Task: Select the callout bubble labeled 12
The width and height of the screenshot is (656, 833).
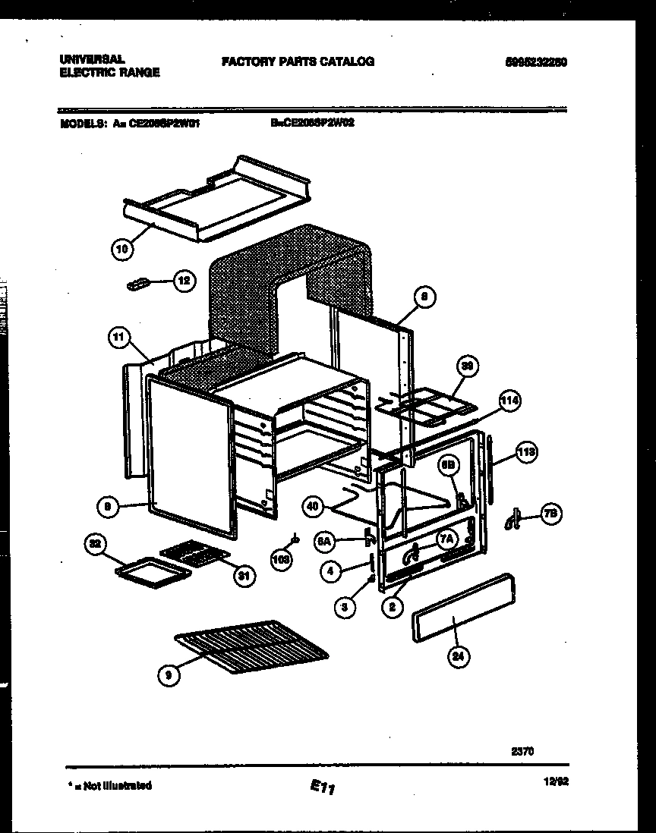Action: pos(183,280)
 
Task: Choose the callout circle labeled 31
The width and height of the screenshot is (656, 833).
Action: pos(242,577)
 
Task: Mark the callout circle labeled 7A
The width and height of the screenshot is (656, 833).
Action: pos(446,538)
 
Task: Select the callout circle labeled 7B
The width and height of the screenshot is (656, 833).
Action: pos(550,514)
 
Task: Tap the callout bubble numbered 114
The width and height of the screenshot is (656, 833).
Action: pos(511,401)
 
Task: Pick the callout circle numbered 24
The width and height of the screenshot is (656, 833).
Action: pos(456,657)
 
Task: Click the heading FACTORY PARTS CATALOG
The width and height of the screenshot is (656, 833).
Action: pos(298,61)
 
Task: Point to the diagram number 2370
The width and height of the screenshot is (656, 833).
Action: pos(522,751)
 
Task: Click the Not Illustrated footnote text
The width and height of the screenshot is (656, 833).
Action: pos(110,785)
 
